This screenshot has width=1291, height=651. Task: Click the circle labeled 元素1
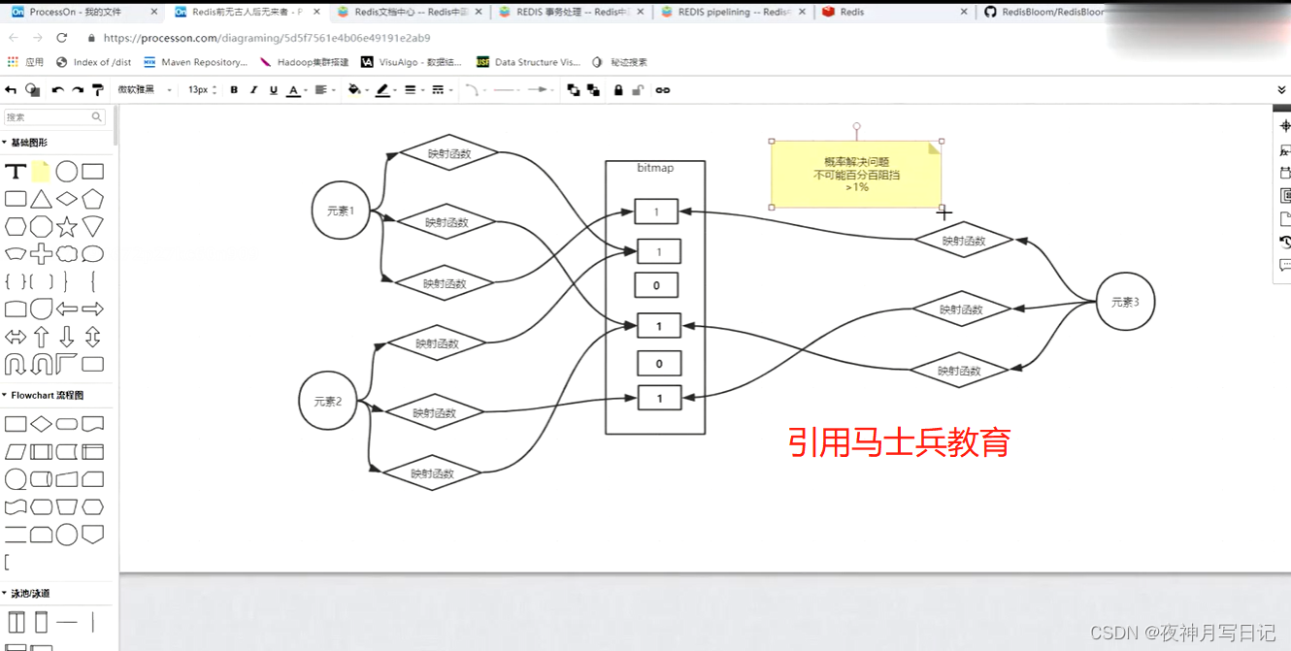coord(341,211)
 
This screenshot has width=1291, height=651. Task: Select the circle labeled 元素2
coord(328,401)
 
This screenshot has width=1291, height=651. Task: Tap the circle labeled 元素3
coord(1125,302)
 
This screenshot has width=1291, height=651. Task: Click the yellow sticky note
coord(855,174)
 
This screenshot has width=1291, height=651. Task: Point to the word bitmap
coord(655,168)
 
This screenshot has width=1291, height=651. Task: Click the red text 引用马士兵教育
coord(899,442)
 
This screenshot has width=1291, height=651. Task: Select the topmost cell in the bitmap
coord(656,212)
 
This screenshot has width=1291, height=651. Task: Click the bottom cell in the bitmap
coord(659,398)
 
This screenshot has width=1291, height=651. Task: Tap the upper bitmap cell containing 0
coord(657,285)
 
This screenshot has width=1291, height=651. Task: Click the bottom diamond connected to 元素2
coord(432,473)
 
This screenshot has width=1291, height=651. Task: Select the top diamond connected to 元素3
coord(964,241)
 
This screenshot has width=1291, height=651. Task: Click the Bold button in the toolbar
coord(234,90)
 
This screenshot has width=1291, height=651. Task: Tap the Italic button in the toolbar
coord(253,90)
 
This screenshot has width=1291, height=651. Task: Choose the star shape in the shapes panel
coord(67,227)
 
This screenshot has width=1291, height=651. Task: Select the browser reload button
coord(62,38)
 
